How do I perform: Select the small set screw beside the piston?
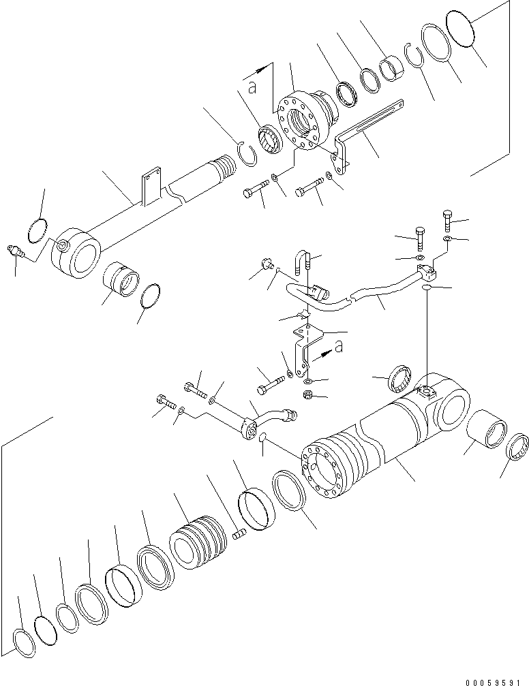[x=239, y=535]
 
